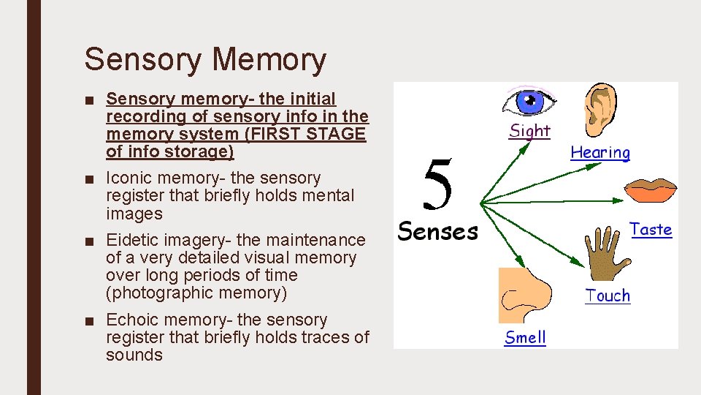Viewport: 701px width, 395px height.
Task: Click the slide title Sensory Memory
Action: pos(205,60)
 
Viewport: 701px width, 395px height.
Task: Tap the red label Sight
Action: pos(529,131)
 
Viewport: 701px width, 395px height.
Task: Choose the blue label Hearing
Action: pos(600,153)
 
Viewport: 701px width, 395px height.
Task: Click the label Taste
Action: pos(651,230)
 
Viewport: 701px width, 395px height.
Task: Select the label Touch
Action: pos(608,296)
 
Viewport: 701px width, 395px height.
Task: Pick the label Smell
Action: pos(525,338)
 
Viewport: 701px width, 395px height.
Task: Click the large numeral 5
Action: pos(437,184)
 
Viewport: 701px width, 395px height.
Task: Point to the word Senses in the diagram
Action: pos(437,232)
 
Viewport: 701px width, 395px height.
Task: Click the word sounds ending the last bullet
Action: pos(134,355)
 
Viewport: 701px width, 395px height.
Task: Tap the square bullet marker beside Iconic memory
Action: pos(88,178)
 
